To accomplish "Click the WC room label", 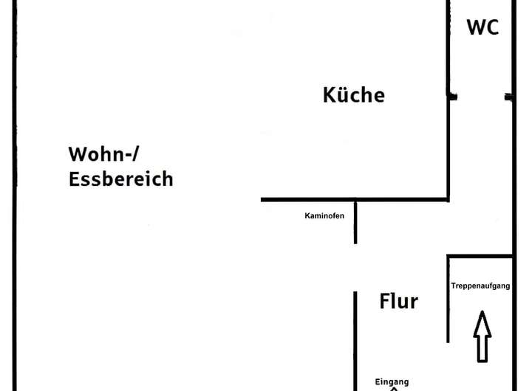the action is point(482,27).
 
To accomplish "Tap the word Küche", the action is point(353,94).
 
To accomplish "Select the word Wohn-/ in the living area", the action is point(103,154).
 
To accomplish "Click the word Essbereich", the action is point(120,179).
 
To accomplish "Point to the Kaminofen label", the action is point(324,216).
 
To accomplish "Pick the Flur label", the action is point(399,301).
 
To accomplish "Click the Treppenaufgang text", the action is point(480,286).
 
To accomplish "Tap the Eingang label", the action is point(392,382).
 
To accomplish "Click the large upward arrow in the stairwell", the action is point(482,336).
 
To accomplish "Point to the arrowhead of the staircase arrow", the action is point(482,312).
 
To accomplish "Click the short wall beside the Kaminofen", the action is point(355,223).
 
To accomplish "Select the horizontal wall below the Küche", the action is point(355,200).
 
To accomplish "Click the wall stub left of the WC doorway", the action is point(453,97).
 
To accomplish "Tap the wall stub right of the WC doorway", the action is point(508,97).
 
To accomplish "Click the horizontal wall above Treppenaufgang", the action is point(480,256).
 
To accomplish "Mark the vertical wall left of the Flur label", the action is point(355,341).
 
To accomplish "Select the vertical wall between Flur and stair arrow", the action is point(449,300).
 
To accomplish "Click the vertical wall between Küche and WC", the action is point(449,100).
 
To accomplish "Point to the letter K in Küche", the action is point(329,95).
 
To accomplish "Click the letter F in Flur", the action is point(384,301).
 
